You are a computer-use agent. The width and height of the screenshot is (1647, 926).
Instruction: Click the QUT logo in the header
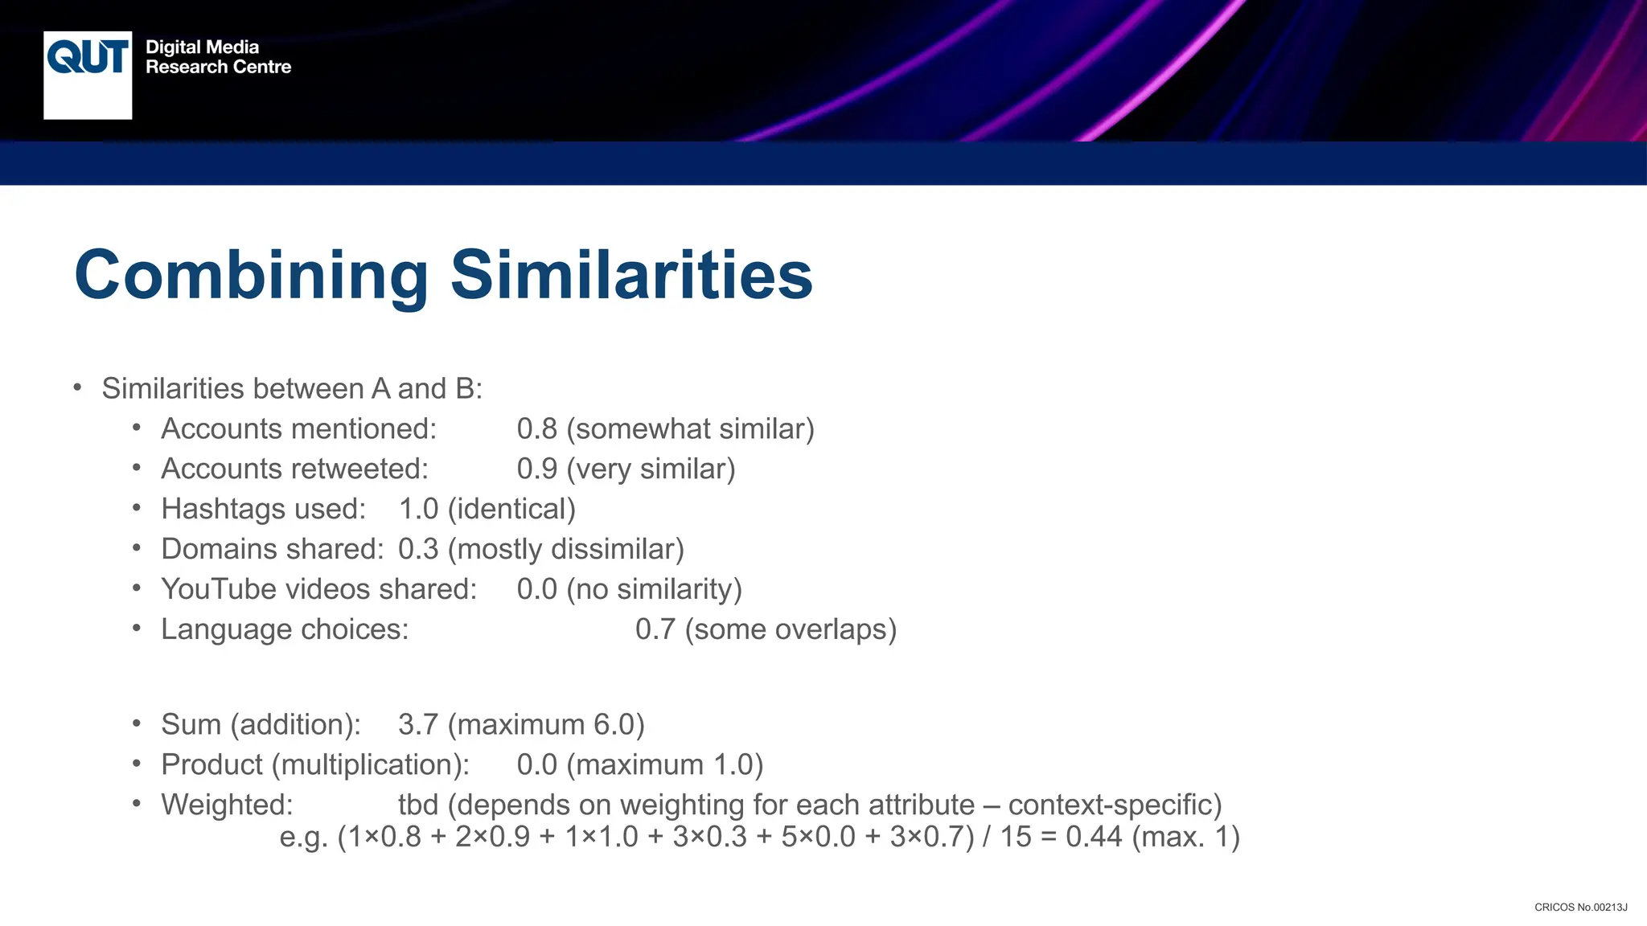point(88,74)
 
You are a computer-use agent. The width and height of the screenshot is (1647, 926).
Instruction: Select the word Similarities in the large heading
point(631,275)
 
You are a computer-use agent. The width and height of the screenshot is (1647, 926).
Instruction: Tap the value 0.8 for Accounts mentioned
point(536,429)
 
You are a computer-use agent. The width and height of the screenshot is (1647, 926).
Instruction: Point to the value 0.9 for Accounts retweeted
point(536,469)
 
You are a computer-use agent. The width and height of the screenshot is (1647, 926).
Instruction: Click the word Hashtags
point(219,510)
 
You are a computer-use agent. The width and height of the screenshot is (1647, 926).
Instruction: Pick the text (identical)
point(511,510)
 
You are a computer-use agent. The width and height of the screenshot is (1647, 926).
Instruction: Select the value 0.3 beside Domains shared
point(418,550)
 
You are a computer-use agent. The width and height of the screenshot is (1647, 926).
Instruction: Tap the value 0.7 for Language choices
point(655,629)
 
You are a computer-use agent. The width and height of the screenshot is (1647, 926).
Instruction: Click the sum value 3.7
point(418,725)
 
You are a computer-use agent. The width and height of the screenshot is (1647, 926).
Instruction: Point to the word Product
point(212,765)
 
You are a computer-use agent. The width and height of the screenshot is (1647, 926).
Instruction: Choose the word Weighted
point(227,805)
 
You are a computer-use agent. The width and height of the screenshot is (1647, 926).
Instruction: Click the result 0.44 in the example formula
point(1094,838)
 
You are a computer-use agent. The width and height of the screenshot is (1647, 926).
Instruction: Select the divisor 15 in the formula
point(1015,838)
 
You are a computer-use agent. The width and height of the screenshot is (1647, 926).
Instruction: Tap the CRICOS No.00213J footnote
point(1580,908)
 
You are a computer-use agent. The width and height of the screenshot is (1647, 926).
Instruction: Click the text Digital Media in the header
point(202,47)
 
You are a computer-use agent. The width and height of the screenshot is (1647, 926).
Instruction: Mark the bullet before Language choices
point(137,628)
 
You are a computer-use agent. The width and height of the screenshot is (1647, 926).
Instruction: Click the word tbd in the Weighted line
point(418,805)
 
